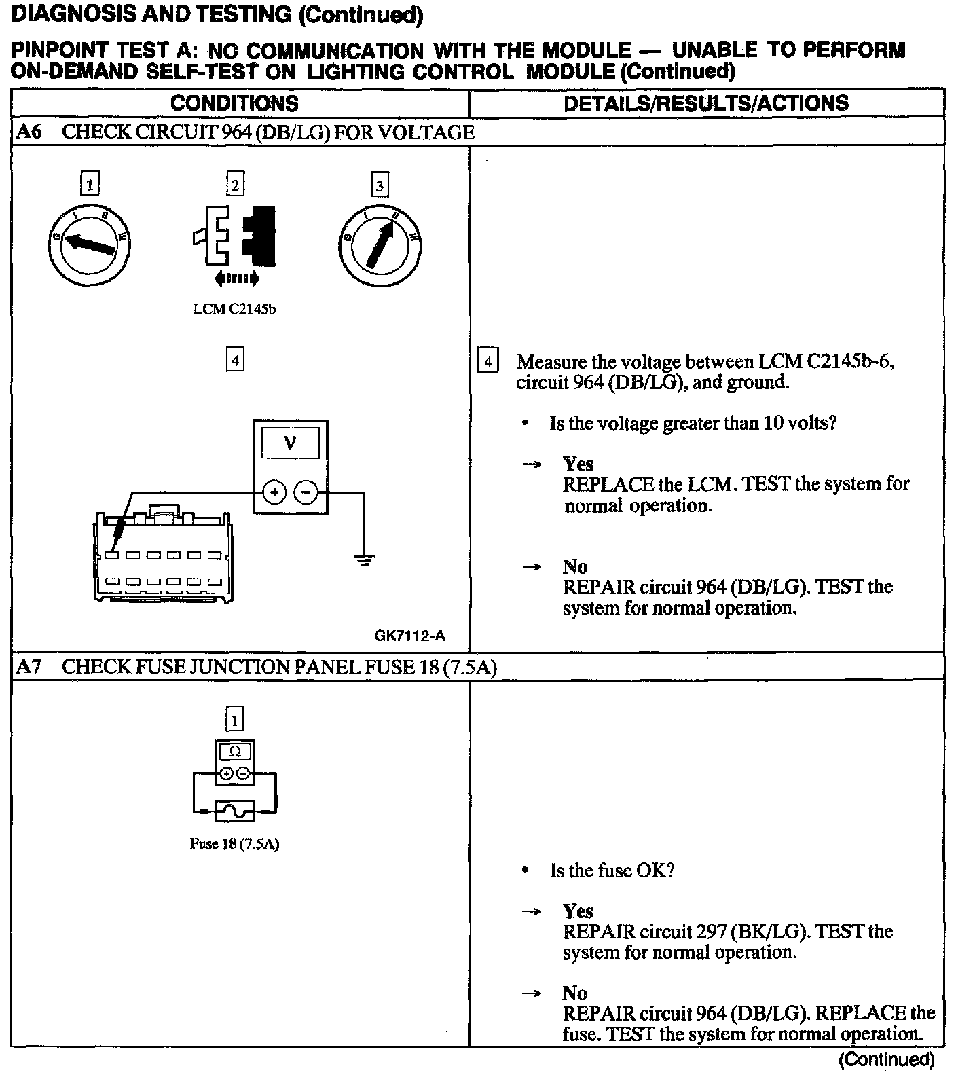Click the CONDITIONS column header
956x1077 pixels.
click(x=234, y=103)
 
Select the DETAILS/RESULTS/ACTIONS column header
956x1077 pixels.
click(x=706, y=103)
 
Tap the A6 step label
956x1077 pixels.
click(x=29, y=132)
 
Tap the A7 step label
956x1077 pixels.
click(x=29, y=667)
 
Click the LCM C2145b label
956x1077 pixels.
click(x=234, y=310)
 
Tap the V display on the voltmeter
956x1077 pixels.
click(x=291, y=443)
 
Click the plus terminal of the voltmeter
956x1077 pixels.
click(x=274, y=492)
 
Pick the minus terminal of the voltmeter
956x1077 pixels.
click(x=307, y=492)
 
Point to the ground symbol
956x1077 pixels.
click(x=365, y=560)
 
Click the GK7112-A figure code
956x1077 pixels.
click(x=410, y=636)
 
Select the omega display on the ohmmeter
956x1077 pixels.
click(x=235, y=752)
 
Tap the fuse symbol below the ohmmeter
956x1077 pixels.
click(x=234, y=810)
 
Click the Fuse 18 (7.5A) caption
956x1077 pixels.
click(x=234, y=845)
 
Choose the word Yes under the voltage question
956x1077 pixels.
click(x=578, y=464)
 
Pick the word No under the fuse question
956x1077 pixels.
click(x=575, y=993)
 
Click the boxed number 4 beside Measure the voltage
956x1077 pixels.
click(x=488, y=361)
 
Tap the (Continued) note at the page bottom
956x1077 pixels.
click(x=887, y=1059)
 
